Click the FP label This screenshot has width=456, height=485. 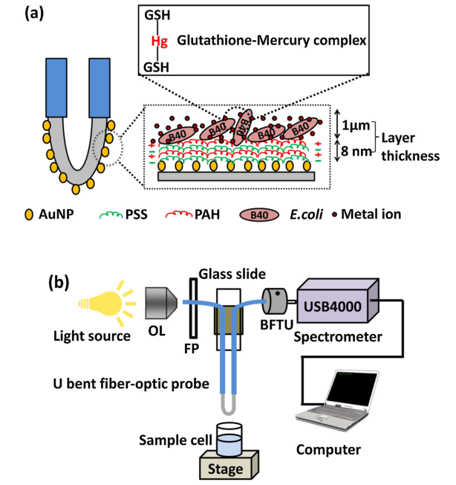coord(191,347)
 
